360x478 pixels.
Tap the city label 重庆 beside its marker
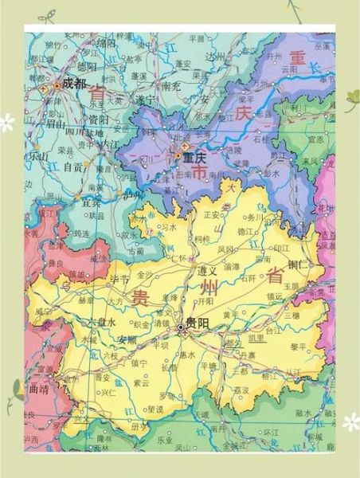[195, 157]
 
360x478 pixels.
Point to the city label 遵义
[208, 271]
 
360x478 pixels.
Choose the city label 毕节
[119, 280]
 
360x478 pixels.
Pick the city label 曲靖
[38, 390]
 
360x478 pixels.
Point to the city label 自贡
[73, 167]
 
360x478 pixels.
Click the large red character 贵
[139, 299]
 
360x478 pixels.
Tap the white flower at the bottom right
[350, 421]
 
